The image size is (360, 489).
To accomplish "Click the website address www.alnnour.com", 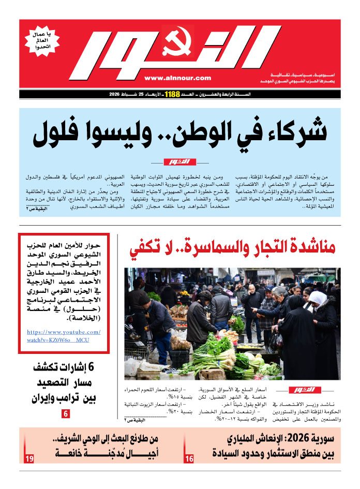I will (x=177, y=78).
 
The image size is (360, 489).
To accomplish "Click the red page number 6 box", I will (x=66, y=414).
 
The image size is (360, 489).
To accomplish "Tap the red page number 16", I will (x=189, y=459).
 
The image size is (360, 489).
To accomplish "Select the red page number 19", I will (x=29, y=459).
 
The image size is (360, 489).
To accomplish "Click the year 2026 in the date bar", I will (x=118, y=95).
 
